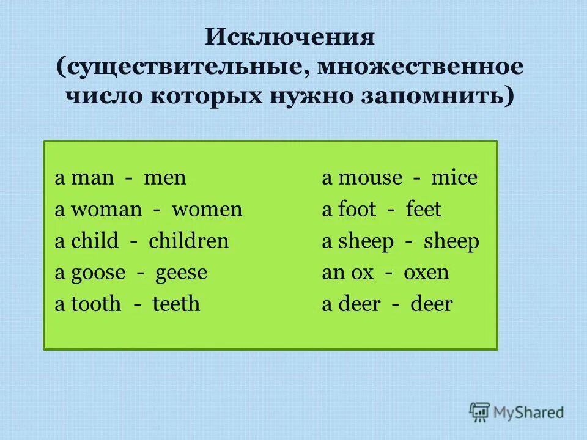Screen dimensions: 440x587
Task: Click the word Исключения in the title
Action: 289,38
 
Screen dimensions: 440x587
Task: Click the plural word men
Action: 165,178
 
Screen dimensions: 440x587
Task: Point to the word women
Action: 207,210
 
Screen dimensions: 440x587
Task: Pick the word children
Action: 188,241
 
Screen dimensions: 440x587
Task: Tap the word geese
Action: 182,273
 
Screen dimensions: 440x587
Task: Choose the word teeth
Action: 176,304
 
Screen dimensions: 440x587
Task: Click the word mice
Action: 454,178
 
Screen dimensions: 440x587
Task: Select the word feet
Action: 423,210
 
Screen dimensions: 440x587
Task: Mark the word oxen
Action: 426,273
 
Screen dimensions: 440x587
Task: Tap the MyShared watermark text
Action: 530,413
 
